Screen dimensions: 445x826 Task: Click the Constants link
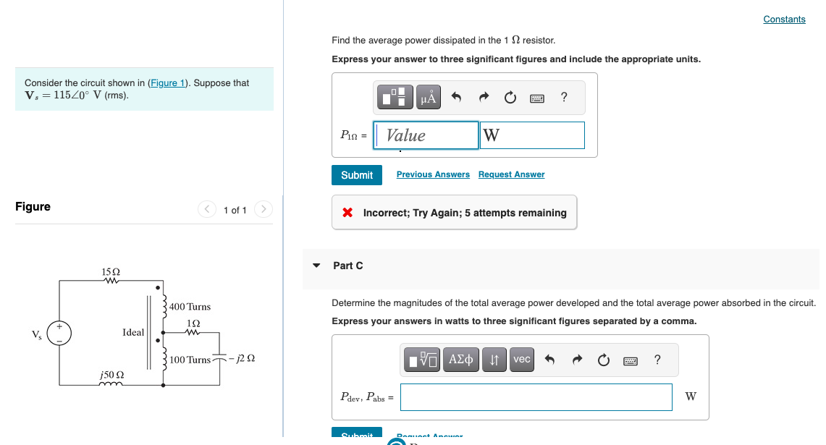784,20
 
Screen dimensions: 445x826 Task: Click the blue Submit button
357,175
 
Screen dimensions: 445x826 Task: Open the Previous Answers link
433,174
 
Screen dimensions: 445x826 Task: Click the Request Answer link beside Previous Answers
511,174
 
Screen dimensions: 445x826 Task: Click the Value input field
426,135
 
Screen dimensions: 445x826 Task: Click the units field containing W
532,135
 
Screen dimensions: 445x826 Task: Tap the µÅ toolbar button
429,97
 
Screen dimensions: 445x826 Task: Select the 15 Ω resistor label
111,271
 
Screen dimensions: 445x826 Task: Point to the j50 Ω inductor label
111,375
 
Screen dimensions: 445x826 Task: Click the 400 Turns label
190,307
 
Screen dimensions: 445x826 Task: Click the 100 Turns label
190,360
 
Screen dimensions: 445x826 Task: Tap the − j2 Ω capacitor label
241,359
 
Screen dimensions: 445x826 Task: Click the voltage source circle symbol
59,334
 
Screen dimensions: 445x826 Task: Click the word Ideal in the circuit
133,333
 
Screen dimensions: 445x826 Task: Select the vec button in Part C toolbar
521,360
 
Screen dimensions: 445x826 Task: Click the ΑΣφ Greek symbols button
461,360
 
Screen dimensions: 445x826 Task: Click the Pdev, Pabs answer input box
536,397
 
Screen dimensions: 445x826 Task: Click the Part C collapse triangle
316,266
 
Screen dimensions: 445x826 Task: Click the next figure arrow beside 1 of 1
264,210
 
